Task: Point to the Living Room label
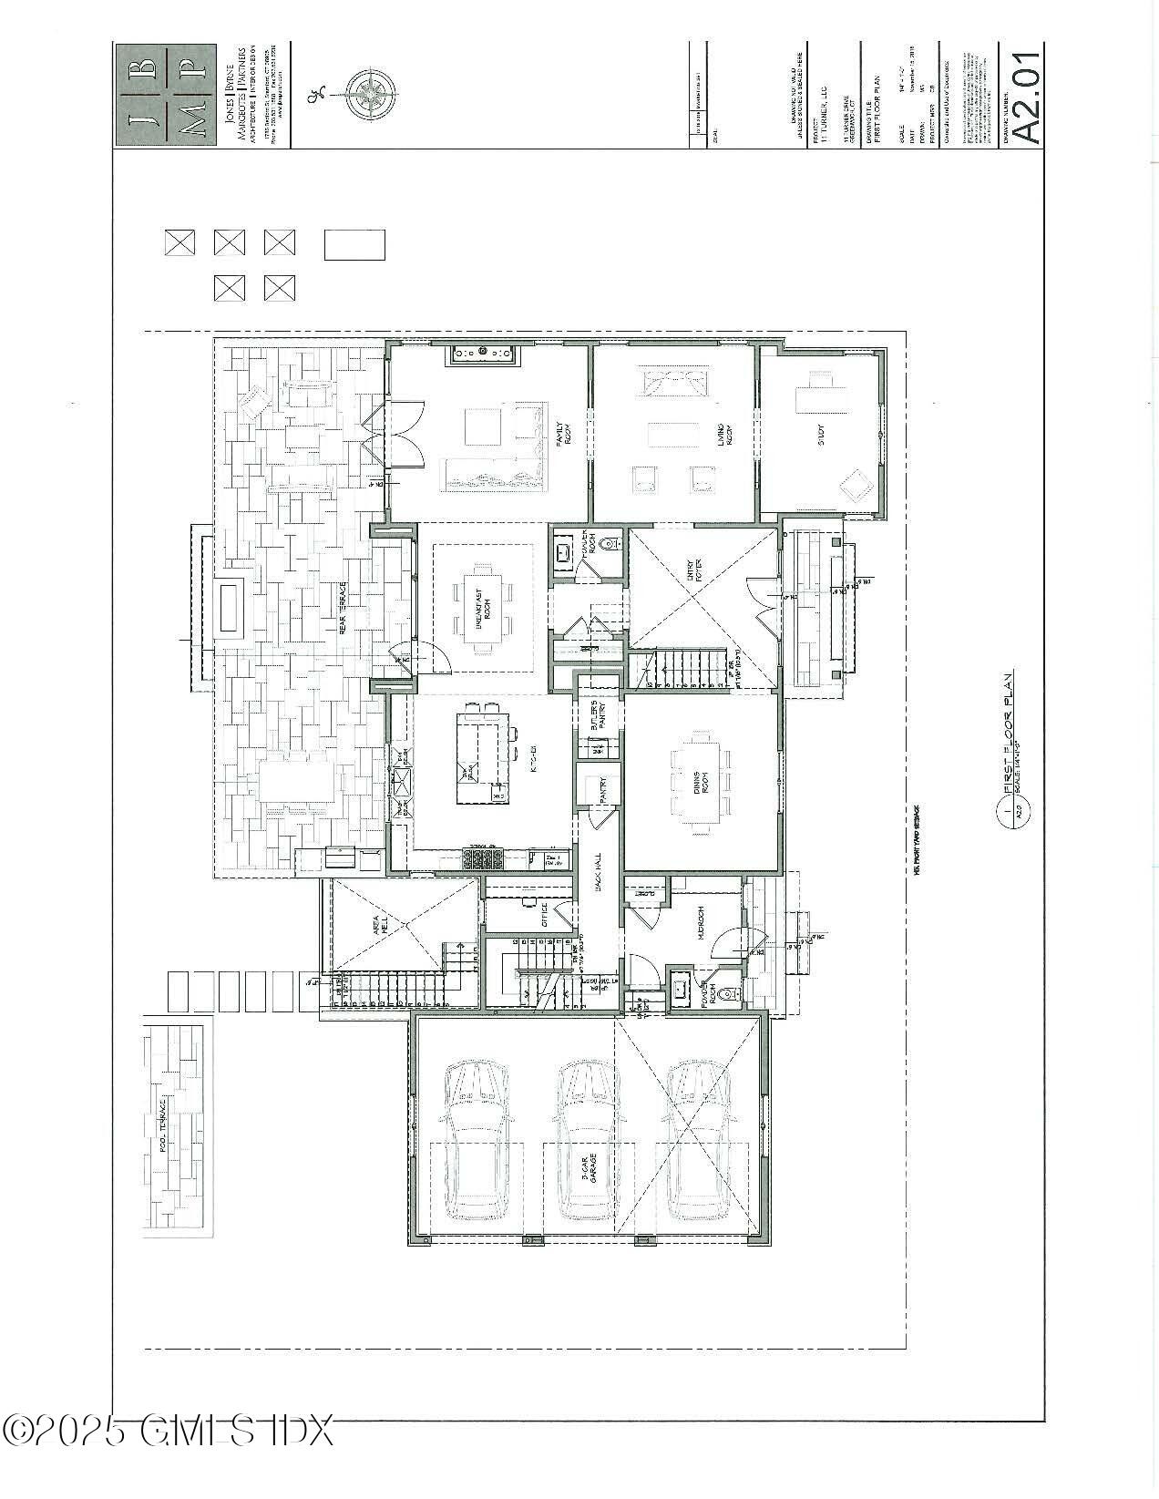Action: pyautogui.click(x=719, y=439)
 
